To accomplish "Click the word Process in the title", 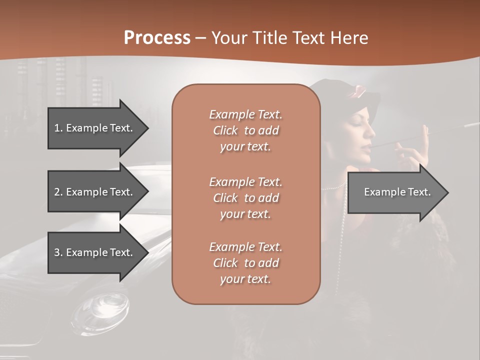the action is pyautogui.click(x=157, y=38).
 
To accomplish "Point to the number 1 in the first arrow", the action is pyautogui.click(x=57, y=128).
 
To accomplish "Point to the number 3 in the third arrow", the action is pyautogui.click(x=57, y=252).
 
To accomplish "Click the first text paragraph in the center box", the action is pyautogui.click(x=245, y=130).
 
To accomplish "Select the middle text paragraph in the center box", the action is pyautogui.click(x=245, y=198).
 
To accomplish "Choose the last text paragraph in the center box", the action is pyautogui.click(x=245, y=263).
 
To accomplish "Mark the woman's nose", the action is pyautogui.click(x=372, y=131).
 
